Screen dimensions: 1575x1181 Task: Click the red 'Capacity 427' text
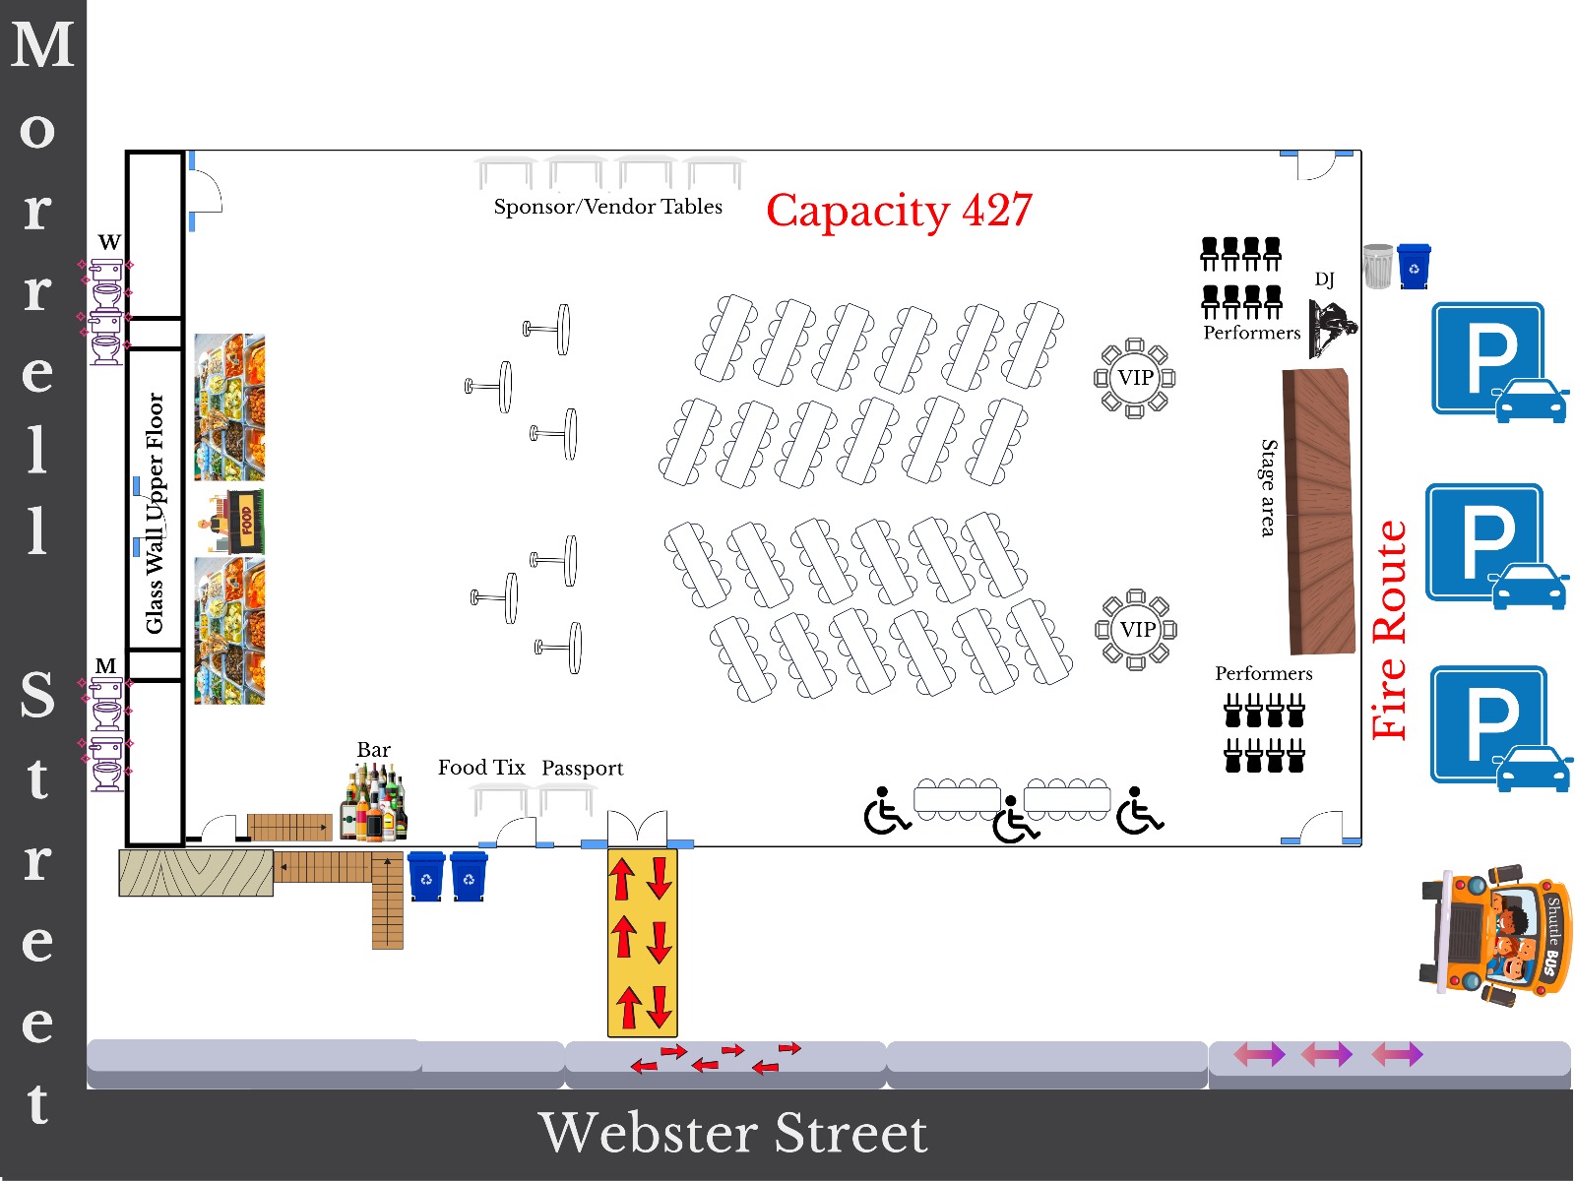[x=899, y=211]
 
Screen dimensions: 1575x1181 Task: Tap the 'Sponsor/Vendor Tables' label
[x=607, y=207]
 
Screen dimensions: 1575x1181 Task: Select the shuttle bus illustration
[x=1495, y=934]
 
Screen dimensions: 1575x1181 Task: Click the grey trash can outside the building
[x=1378, y=266]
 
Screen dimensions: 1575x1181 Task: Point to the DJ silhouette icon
[x=1332, y=329]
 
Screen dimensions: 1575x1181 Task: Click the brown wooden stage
[x=1319, y=511]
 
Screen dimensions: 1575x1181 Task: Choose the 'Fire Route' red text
[x=1389, y=630]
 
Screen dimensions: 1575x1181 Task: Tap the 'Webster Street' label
[x=732, y=1134]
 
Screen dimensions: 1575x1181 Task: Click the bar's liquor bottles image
[x=373, y=802]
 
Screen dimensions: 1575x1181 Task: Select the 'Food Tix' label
[x=481, y=768]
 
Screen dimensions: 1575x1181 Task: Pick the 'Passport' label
[x=582, y=769]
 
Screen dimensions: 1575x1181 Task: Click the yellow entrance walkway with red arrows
[x=642, y=942]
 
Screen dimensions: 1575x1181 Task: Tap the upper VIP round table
[x=1134, y=378]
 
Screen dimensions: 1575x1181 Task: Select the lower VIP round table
[x=1136, y=630]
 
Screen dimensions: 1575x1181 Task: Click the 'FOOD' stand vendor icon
[x=231, y=522]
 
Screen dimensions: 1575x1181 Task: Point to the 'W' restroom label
[x=109, y=242]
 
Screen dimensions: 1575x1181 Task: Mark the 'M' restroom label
[x=105, y=666]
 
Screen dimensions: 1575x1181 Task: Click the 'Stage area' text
[x=1269, y=488]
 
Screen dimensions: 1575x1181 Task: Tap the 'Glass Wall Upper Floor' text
[x=155, y=514]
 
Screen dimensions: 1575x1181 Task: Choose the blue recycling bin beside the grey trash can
[x=1414, y=266]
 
